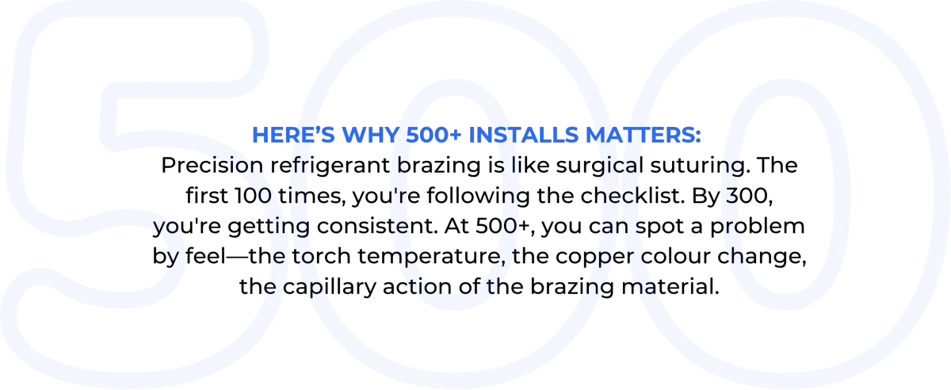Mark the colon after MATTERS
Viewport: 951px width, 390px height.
click(699, 136)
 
